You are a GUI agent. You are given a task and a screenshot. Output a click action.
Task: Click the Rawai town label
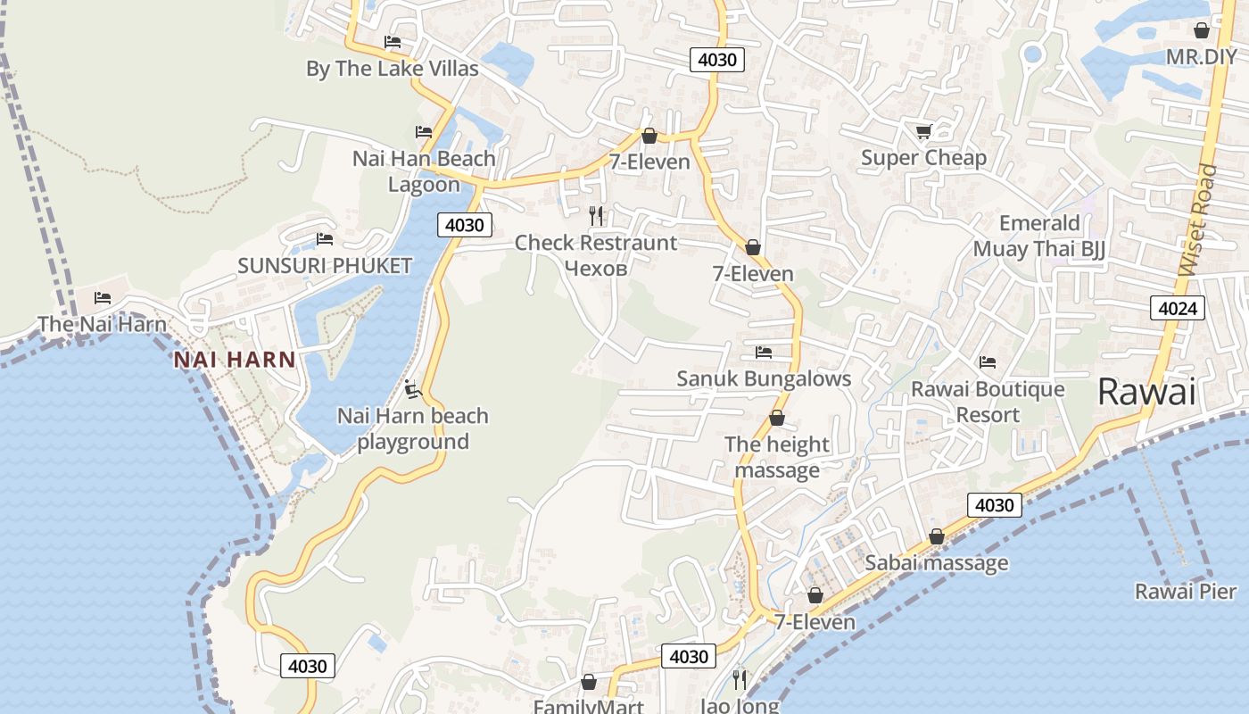1146,392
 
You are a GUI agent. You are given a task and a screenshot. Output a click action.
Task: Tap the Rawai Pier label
1186,591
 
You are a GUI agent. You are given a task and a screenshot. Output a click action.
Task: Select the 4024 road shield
1178,309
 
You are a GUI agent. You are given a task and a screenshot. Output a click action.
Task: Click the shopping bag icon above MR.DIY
1202,30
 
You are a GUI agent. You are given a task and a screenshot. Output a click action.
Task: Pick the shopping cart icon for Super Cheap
923,132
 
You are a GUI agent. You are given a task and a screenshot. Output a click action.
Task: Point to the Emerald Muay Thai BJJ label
1039,236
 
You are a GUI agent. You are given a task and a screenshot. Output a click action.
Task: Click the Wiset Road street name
1198,220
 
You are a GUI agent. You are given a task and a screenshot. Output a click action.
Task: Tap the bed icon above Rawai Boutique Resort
987,362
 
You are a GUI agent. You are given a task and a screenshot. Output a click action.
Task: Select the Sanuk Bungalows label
764,378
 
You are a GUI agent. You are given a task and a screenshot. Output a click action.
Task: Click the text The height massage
776,457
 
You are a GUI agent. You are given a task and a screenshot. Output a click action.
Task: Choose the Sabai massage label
937,562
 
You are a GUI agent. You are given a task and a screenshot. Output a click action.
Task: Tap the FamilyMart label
588,706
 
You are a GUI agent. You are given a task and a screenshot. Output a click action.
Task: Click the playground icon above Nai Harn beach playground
411,389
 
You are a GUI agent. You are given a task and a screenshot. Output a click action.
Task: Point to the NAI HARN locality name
235,360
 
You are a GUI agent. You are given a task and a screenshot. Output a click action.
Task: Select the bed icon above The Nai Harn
103,298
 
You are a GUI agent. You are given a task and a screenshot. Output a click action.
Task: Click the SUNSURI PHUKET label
325,265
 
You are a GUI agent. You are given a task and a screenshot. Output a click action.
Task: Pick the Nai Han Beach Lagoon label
424,171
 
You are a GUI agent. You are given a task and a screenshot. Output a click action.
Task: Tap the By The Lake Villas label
392,69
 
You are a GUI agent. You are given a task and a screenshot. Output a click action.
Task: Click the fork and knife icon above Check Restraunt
596,216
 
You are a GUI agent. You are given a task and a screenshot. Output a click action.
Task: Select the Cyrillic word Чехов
596,268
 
